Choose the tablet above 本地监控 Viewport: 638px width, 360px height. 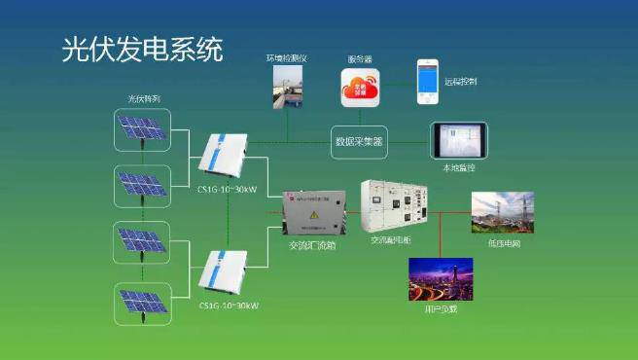click(x=459, y=141)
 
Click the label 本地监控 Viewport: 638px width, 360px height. click(x=459, y=167)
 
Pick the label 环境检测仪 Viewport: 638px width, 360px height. click(x=287, y=59)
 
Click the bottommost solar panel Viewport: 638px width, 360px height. click(x=142, y=303)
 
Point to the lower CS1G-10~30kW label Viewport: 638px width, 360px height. click(x=229, y=306)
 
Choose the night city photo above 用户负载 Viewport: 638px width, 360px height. click(x=440, y=278)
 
